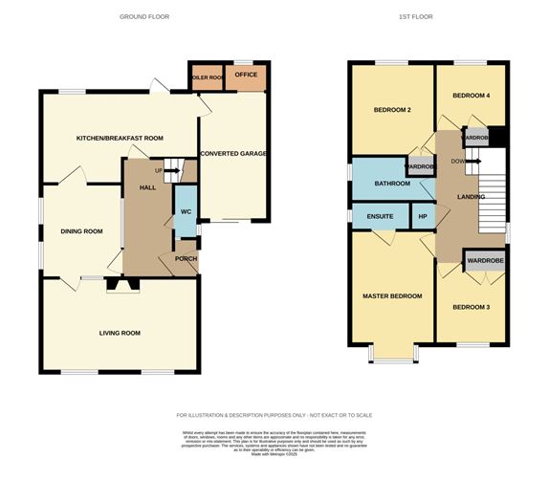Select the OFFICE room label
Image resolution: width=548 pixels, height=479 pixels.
246,74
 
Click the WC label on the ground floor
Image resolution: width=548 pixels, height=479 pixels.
185,212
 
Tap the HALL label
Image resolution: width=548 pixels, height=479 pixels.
147,187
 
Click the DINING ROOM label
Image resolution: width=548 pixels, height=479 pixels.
81,231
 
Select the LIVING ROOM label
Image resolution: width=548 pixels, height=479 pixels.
121,333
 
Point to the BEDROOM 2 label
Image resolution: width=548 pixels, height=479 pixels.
390,110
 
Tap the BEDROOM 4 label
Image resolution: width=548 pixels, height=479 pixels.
470,96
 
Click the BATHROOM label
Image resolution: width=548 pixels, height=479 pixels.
392,184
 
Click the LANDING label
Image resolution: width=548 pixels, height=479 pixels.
471,198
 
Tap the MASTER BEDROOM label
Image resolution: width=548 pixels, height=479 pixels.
391,296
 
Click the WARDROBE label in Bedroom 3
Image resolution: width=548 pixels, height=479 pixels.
484,260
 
